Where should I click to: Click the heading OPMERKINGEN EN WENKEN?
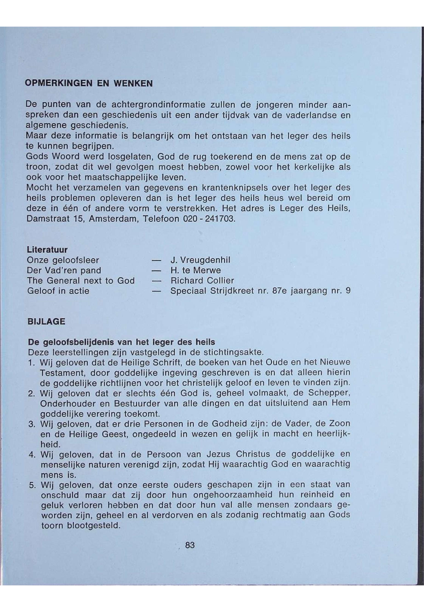89,84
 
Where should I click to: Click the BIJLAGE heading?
46,322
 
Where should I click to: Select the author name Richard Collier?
202,281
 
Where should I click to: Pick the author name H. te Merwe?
196,271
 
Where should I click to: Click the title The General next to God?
81,281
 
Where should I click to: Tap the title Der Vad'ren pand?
64,271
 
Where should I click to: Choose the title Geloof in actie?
58,291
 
